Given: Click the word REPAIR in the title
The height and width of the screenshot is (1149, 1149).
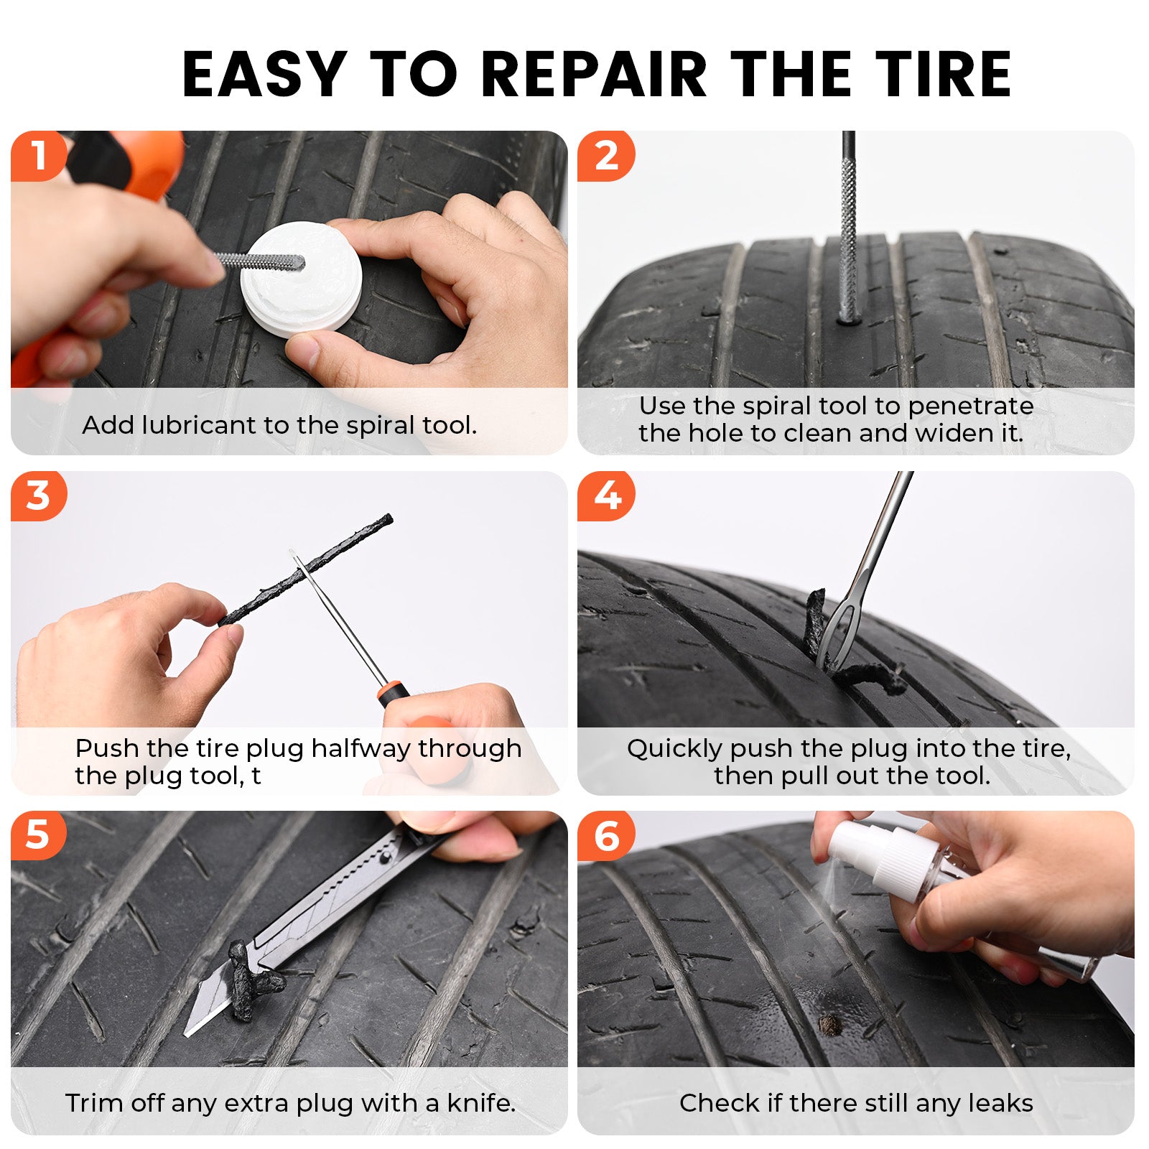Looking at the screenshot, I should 594,73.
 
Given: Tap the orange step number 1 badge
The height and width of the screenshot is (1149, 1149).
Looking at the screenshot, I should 38,156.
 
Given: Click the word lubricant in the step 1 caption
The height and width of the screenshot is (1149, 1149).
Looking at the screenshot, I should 199,425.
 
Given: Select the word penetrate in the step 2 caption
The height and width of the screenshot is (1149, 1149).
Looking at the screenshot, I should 970,406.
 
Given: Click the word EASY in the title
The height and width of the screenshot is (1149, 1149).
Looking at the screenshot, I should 264,73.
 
